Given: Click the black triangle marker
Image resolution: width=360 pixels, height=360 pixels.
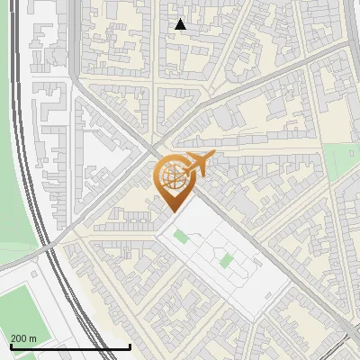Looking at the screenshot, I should (181, 24).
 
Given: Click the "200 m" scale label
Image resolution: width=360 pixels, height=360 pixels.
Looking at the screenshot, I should (23, 337).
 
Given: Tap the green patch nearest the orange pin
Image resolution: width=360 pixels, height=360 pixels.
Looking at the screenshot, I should (181, 237).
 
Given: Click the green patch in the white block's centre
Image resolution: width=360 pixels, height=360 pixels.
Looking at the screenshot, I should (226, 262).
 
